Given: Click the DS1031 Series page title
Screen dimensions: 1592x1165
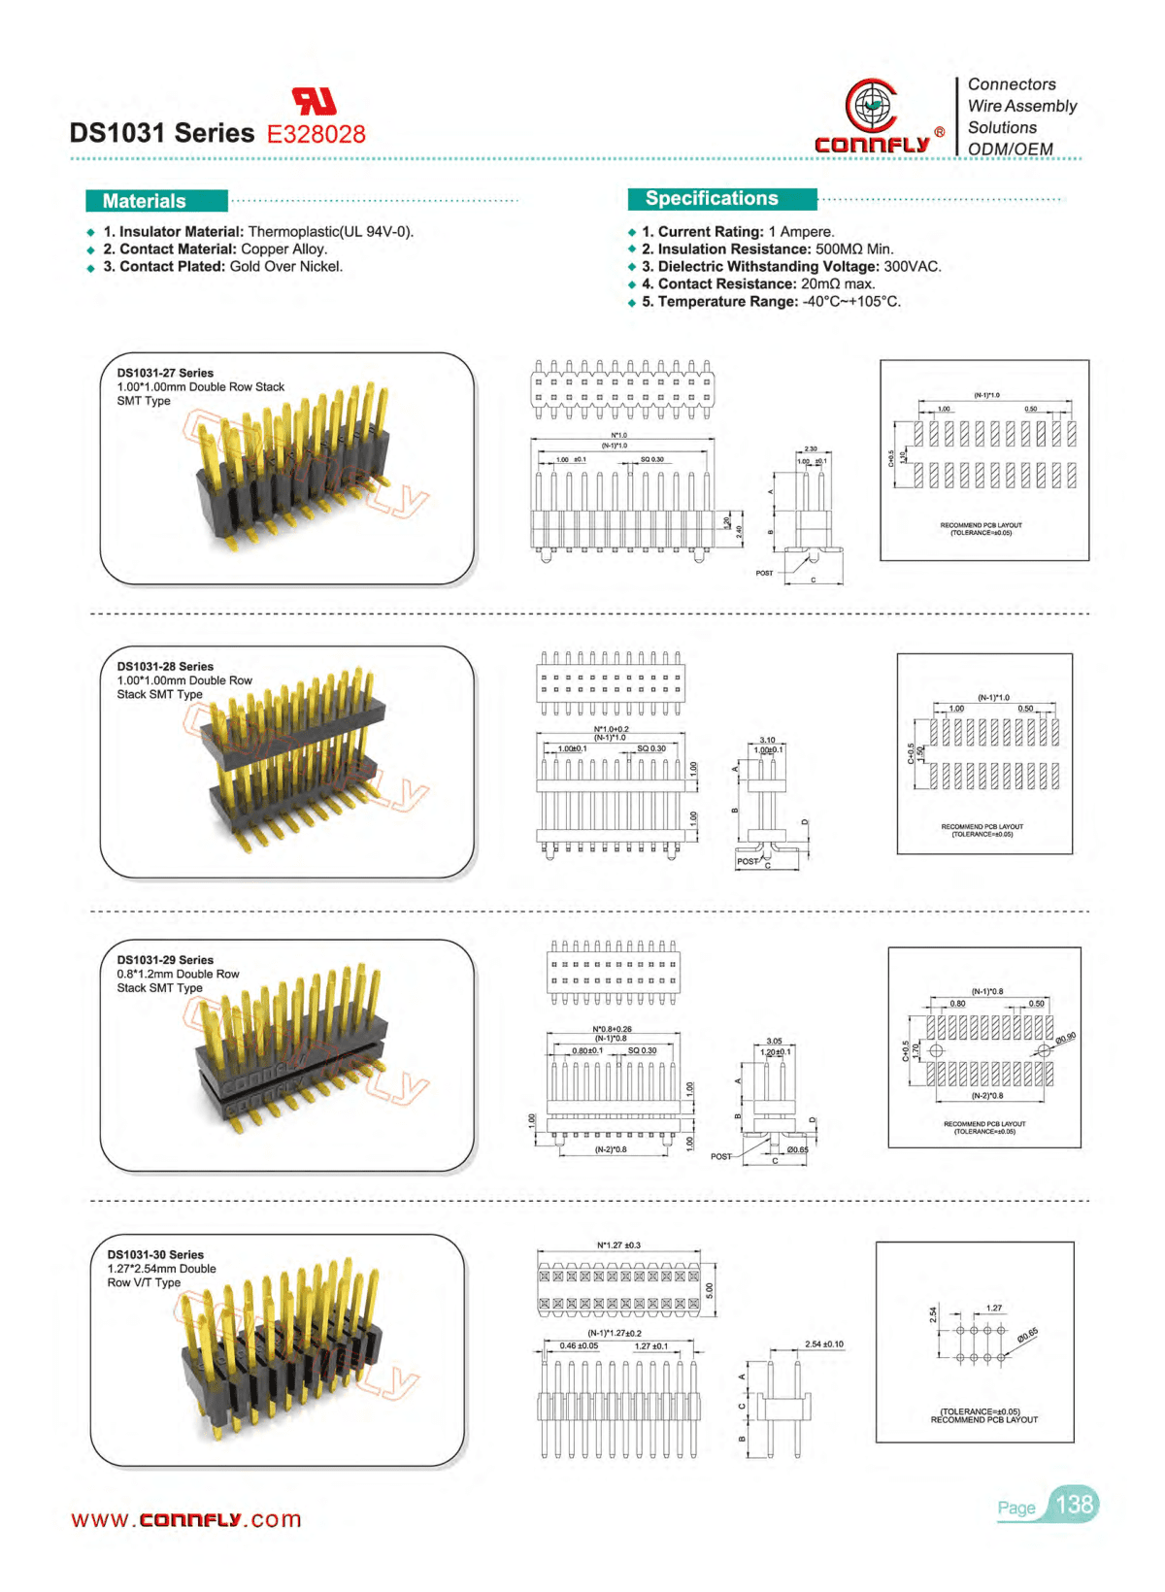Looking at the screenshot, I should (x=161, y=133).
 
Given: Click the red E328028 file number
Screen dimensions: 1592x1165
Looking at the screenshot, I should (x=316, y=134).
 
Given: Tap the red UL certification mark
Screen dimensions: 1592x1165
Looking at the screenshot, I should (x=314, y=101).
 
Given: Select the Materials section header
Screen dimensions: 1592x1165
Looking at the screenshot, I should (x=145, y=201).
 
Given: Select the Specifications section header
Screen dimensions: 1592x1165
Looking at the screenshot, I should (x=712, y=198).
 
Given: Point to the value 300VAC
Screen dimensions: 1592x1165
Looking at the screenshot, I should (x=913, y=266).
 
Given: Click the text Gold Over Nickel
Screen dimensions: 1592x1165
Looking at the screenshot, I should (x=286, y=266).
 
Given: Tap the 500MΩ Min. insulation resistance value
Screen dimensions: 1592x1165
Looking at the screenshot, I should (x=854, y=249).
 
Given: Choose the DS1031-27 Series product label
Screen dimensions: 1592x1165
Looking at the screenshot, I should (x=165, y=373).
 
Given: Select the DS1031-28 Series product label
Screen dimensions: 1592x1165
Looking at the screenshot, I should (x=165, y=666).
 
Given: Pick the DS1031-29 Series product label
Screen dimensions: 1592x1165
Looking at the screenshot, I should (x=165, y=959).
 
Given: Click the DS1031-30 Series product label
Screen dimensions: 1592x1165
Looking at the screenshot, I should (x=155, y=1254).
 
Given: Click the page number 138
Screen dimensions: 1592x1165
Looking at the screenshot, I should (x=1074, y=1505).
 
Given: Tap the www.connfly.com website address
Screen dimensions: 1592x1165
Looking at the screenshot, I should (x=186, y=1519).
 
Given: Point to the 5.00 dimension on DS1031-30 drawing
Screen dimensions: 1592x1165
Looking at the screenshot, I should (x=709, y=1290).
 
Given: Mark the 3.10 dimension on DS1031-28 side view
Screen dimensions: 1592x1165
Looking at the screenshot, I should (x=767, y=740).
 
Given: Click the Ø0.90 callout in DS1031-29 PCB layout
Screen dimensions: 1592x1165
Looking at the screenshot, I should (x=1065, y=1038).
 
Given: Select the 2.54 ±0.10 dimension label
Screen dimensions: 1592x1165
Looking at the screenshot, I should (x=824, y=1344).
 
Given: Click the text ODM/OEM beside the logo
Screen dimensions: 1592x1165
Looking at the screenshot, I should (x=1011, y=149).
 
